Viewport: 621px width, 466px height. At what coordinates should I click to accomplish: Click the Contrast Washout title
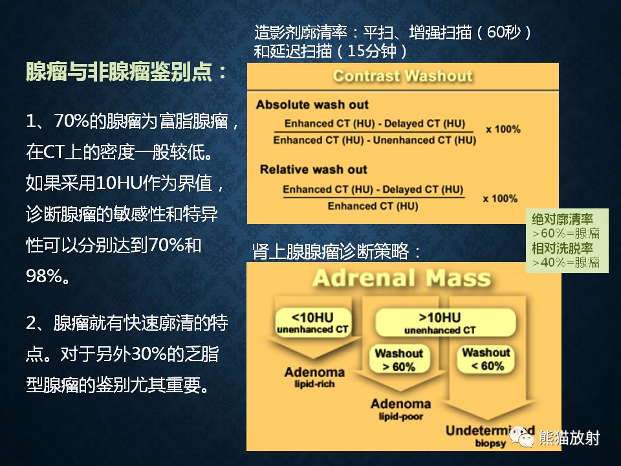[402, 76]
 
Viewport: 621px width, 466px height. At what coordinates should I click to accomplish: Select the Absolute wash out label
[312, 105]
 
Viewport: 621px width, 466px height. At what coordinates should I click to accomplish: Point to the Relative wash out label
[313, 170]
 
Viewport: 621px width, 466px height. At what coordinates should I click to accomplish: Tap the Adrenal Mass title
[401, 279]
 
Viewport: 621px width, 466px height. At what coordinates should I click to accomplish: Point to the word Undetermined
[490, 431]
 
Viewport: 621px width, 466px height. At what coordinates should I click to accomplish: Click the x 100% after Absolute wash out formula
[503, 129]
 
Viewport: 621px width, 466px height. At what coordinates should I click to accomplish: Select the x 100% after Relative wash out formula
[500, 198]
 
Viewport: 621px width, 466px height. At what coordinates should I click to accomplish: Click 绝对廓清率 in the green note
[562, 219]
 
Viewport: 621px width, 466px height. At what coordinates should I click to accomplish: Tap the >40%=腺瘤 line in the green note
[565, 262]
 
